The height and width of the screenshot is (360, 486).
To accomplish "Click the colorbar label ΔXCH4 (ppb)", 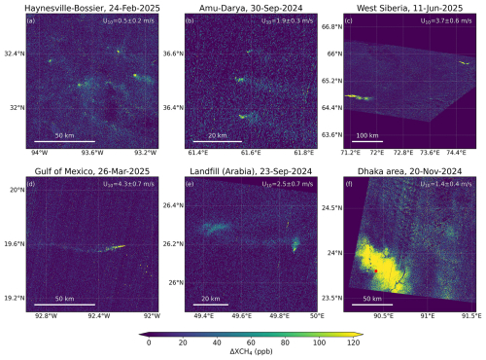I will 244,353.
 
